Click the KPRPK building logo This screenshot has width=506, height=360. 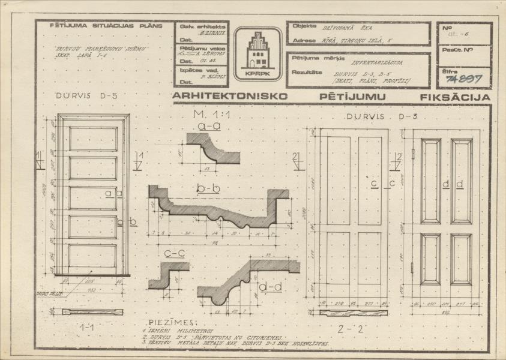coord(257,52)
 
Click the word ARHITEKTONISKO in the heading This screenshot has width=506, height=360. coord(230,96)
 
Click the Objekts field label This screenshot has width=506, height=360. coord(304,27)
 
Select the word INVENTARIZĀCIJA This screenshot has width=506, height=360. coord(377,62)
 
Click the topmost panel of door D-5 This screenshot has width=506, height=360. coord(92,139)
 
